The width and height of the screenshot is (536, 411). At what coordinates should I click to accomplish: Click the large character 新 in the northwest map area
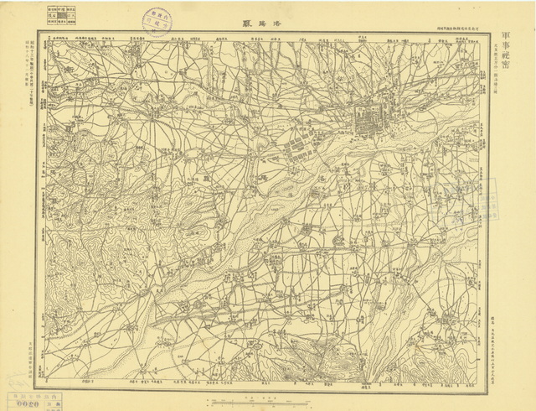point(72,64)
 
